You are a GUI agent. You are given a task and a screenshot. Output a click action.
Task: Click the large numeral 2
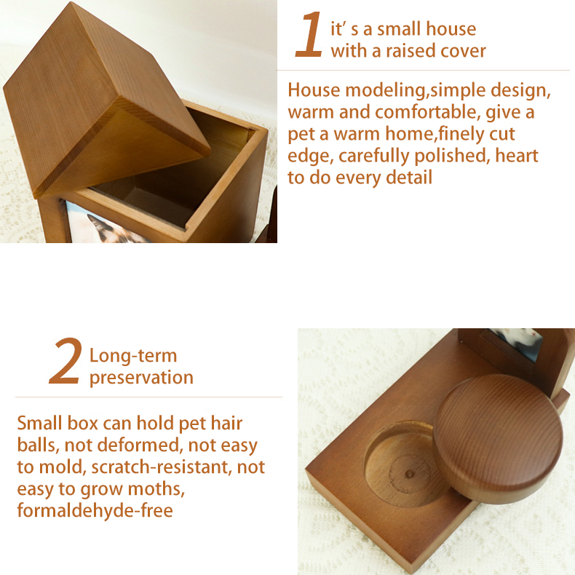tap(65, 362)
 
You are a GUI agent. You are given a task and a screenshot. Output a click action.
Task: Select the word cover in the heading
tap(463, 51)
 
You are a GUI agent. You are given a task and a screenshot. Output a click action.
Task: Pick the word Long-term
tap(133, 356)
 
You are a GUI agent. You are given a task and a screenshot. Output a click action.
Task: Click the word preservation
tap(141, 378)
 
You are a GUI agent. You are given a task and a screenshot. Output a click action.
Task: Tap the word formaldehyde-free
tap(95, 510)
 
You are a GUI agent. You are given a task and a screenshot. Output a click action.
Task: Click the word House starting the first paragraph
tap(314, 91)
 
